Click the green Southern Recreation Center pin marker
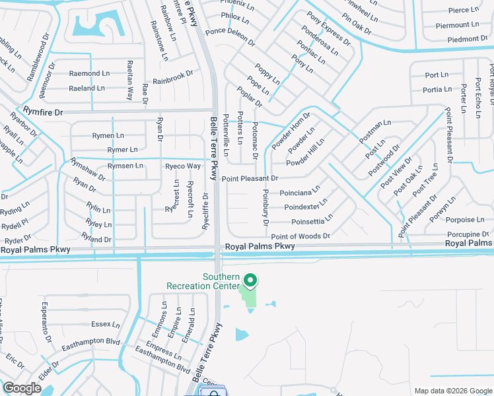click(x=250, y=280)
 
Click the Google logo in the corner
click(x=22, y=388)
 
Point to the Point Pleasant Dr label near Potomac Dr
click(x=250, y=178)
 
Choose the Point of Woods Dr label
click(x=300, y=236)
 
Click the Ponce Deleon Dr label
click(x=230, y=36)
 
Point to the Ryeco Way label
click(x=182, y=166)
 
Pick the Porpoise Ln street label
click(x=464, y=220)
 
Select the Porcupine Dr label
click(x=467, y=234)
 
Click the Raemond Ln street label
click(x=89, y=73)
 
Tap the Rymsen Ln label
click(x=125, y=166)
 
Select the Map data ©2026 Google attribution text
click(x=452, y=391)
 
